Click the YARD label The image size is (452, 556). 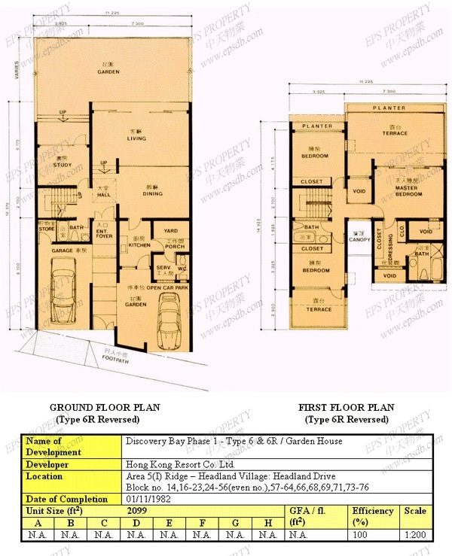coord(171,230)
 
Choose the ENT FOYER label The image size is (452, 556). coord(102,231)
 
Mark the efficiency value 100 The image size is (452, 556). coord(374,535)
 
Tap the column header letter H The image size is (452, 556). coord(267,523)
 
